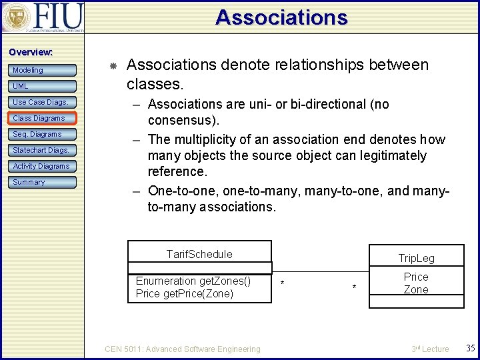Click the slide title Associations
[x=281, y=17]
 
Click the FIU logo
[x=43, y=17]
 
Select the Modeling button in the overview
[x=43, y=70]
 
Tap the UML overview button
[x=43, y=86]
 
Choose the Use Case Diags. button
[x=43, y=102]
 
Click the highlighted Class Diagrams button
[x=43, y=118]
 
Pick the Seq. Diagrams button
[x=43, y=134]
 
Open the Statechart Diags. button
[x=43, y=150]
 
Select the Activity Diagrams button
[x=43, y=166]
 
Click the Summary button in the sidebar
[x=43, y=182]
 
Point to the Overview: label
[x=31, y=52]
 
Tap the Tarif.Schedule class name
[x=199, y=254]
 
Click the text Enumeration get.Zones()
[x=193, y=281]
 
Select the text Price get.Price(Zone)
[x=184, y=294]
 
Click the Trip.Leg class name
[x=416, y=258]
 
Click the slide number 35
[x=470, y=348]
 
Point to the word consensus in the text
[x=181, y=121]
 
